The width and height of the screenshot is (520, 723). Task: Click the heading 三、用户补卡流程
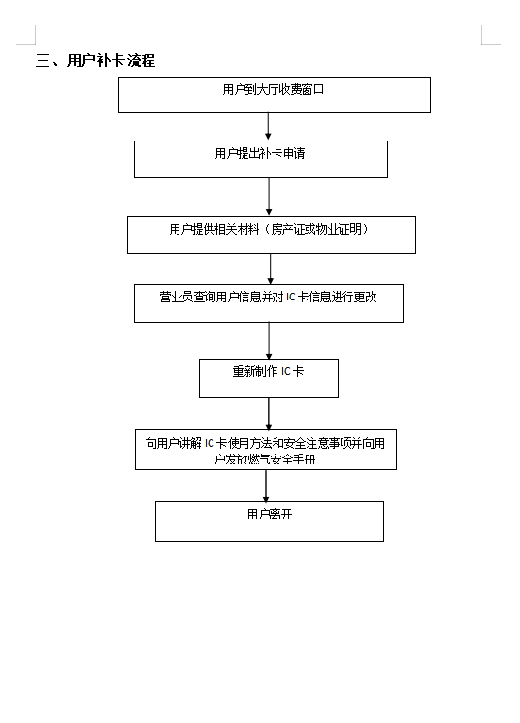[x=95, y=60]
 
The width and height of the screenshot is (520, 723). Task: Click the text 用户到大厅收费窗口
[x=274, y=89]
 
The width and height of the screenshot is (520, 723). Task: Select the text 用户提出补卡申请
[x=260, y=153]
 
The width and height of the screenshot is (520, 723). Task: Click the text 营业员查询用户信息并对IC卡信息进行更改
[x=268, y=297]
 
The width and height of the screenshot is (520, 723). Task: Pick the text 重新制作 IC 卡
[x=268, y=371]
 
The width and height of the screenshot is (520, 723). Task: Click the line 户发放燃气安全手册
[x=265, y=459]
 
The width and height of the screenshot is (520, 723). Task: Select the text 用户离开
[x=270, y=514]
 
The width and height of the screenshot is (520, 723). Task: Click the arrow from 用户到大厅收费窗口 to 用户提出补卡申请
[x=268, y=126]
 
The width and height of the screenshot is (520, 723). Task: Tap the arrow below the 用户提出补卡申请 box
[x=269, y=197]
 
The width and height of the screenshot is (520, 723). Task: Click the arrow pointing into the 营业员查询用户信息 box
[x=271, y=268]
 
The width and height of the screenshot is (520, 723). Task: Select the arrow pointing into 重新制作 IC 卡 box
[x=269, y=340]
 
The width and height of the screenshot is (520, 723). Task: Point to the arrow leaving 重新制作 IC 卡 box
[x=269, y=414]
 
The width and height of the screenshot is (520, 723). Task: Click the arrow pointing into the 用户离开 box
[x=266, y=486]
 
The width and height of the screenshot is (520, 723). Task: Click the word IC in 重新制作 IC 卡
[x=286, y=371]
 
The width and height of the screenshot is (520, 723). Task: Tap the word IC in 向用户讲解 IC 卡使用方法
[x=210, y=444]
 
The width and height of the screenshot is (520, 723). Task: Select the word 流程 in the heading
[x=142, y=60]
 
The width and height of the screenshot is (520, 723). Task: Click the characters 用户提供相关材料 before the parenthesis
[x=214, y=229]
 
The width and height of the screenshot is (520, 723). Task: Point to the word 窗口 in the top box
[x=312, y=89]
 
